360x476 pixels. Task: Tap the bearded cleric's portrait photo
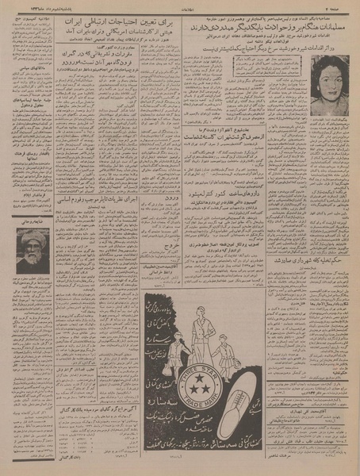pyautogui.click(x=33, y=251)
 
